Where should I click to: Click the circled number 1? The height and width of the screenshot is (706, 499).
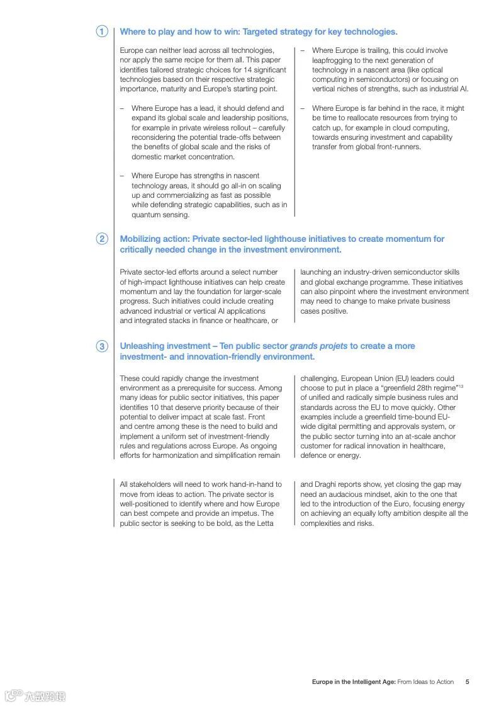(x=102, y=31)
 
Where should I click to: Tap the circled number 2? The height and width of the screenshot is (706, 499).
(x=102, y=239)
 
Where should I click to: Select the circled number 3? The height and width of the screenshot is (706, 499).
(x=102, y=346)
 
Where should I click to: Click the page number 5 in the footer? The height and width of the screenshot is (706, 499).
(x=467, y=681)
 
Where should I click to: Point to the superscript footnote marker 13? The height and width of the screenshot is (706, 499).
(x=461, y=386)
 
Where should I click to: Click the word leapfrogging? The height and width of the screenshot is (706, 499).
(x=332, y=60)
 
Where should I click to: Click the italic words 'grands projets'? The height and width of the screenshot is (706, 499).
(x=318, y=346)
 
